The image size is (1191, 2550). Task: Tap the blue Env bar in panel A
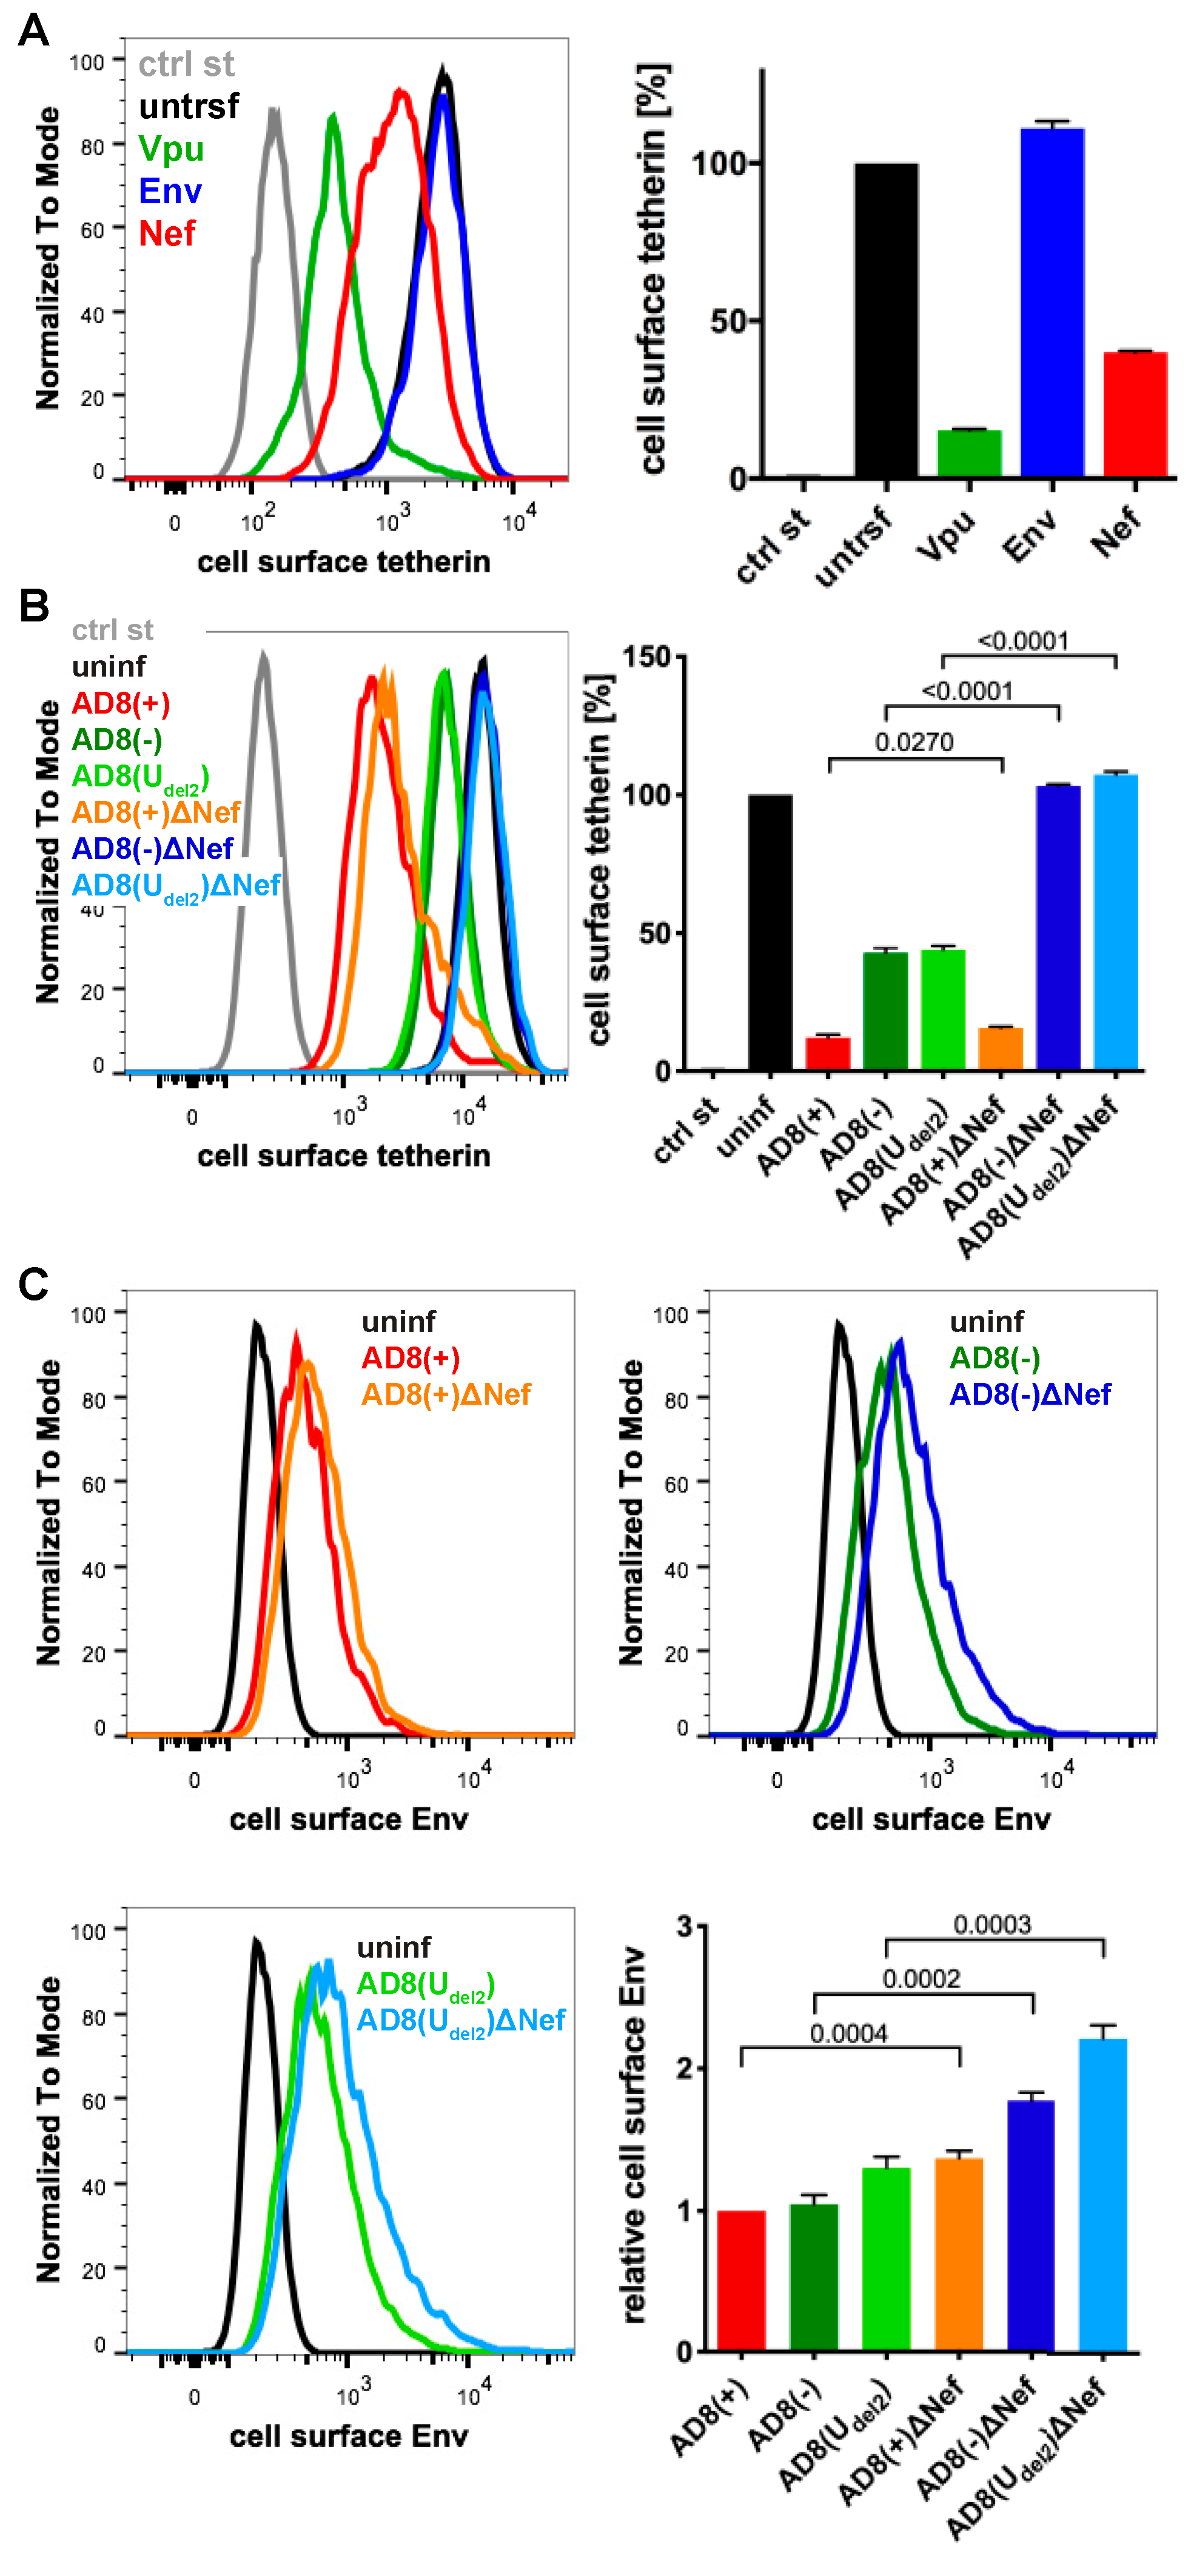coord(1052,302)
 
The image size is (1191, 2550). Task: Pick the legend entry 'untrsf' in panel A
coord(188,106)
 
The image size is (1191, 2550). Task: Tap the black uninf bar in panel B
coord(770,931)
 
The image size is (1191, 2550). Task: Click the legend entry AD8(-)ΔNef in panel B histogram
coord(152,848)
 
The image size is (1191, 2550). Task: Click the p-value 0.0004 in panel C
coord(848,2033)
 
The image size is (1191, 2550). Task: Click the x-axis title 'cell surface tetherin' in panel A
coord(344,562)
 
